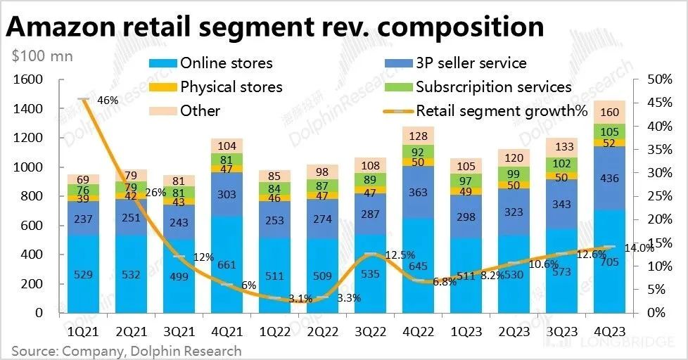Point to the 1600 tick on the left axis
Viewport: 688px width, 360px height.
27,80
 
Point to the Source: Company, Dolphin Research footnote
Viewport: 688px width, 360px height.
126,350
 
